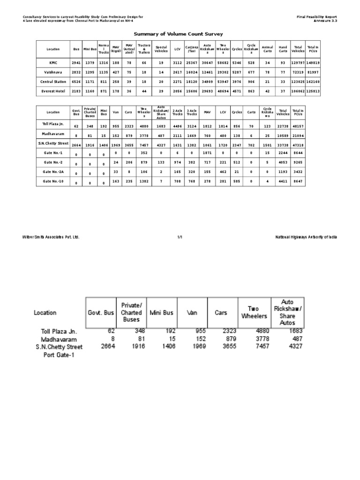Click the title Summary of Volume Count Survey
[179, 34]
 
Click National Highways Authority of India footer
[306, 237]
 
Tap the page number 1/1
[180, 237]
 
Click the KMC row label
[53, 62]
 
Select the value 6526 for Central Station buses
[76, 82]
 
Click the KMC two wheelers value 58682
[223, 62]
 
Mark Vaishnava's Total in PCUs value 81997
[313, 72]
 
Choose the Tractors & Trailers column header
[144, 49]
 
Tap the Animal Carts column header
[267, 49]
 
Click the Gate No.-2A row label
[53, 172]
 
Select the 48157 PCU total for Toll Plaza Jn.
[298, 126]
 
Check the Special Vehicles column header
[161, 49]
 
